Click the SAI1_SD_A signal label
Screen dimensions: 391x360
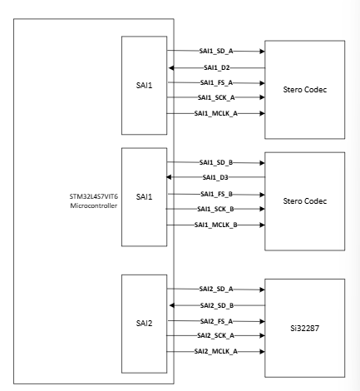pyautogui.click(x=215, y=52)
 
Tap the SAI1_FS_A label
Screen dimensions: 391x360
pyautogui.click(x=215, y=82)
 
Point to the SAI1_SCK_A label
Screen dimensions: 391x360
pyautogui.click(x=216, y=97)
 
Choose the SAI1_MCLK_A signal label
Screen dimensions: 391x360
pyautogui.click(x=216, y=112)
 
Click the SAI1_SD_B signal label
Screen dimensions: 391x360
pyautogui.click(x=216, y=162)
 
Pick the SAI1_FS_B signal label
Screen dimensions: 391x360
pyautogui.click(x=215, y=193)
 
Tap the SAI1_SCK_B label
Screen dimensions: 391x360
pyautogui.click(x=216, y=209)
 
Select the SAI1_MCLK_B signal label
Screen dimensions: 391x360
pyautogui.click(x=216, y=225)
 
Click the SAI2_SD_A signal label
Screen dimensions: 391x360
pyautogui.click(x=216, y=289)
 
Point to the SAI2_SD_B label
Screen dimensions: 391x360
pyautogui.click(x=216, y=305)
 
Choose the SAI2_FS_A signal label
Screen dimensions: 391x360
pyautogui.click(x=215, y=320)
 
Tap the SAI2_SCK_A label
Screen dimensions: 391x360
pyautogui.click(x=216, y=335)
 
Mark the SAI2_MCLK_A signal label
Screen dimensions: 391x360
pyautogui.click(x=216, y=352)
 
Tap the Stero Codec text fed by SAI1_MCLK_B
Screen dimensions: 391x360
pyautogui.click(x=303, y=201)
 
